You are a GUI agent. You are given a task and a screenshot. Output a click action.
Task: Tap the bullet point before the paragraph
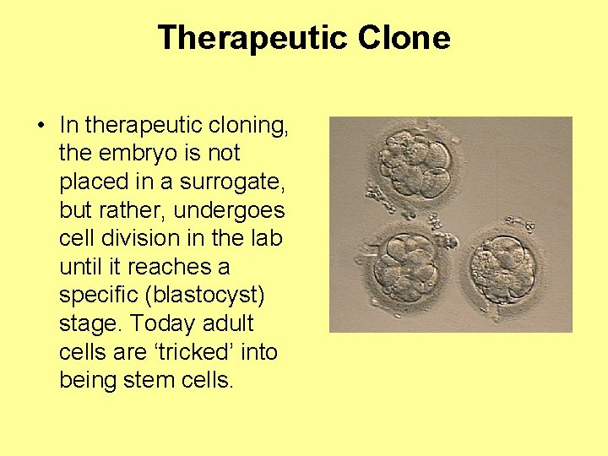tap(41, 126)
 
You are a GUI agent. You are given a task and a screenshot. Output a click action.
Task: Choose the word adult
tap(229, 324)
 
